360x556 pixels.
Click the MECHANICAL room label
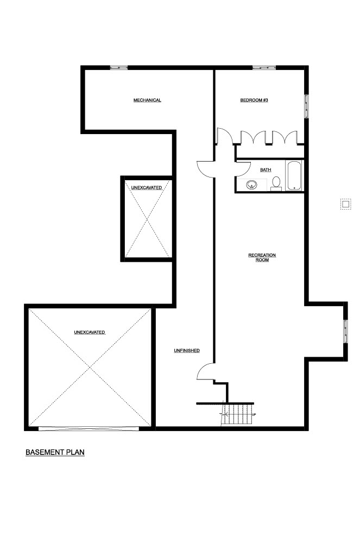[x=147, y=100]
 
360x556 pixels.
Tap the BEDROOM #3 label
[x=254, y=100]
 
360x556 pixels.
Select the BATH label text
[x=266, y=170]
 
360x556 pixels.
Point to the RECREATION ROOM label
[x=262, y=257]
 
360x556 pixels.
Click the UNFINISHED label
[x=187, y=351]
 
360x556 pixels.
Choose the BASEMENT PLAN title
[x=55, y=452]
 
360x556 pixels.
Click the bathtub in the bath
[x=294, y=176]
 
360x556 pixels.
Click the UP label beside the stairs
[x=254, y=414]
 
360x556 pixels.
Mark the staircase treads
[x=238, y=414]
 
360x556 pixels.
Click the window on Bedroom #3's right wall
[x=307, y=106]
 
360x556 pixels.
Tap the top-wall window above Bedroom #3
[x=264, y=67]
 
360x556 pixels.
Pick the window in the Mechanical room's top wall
[x=118, y=67]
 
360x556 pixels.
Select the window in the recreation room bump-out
[x=346, y=331]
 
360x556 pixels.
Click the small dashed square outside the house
[x=345, y=204]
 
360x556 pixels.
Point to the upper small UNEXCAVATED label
[x=147, y=187]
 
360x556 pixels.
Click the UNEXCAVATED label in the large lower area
[x=90, y=332]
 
